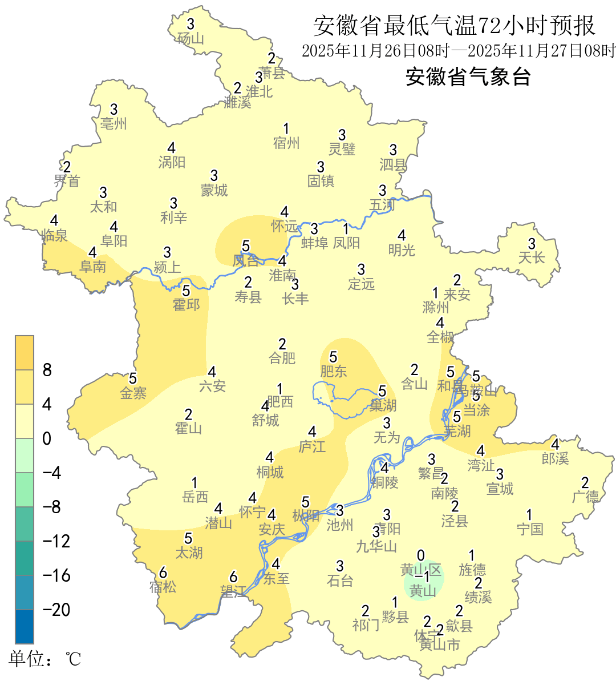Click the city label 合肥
coord(282,358)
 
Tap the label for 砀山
coord(191,39)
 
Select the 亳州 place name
coord(114,123)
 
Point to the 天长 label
coord(532,257)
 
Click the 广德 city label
coord(585,497)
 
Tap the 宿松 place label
coord(163,587)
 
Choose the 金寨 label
coord(133,393)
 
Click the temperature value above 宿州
coord(286,129)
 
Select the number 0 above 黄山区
coord(421,555)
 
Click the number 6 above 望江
coord(233,577)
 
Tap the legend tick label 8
coord(47,370)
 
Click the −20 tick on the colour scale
coord(56,610)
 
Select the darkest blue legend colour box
coord(25,626)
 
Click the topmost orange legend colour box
coord(25,353)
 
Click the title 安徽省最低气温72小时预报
coord(454,26)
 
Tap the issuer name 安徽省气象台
coord(468,76)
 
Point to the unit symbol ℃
coord(74,660)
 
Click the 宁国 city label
coord(530,529)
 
